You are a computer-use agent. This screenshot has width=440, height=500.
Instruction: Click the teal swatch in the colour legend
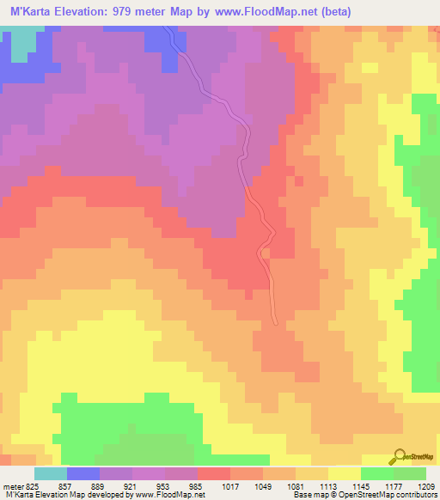tap(51, 473)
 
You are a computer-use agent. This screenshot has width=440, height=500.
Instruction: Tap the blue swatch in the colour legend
tap(83, 473)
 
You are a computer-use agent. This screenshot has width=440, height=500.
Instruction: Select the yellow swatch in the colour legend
tap(344, 473)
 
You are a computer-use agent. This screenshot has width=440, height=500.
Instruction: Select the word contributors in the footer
tap(414, 495)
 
